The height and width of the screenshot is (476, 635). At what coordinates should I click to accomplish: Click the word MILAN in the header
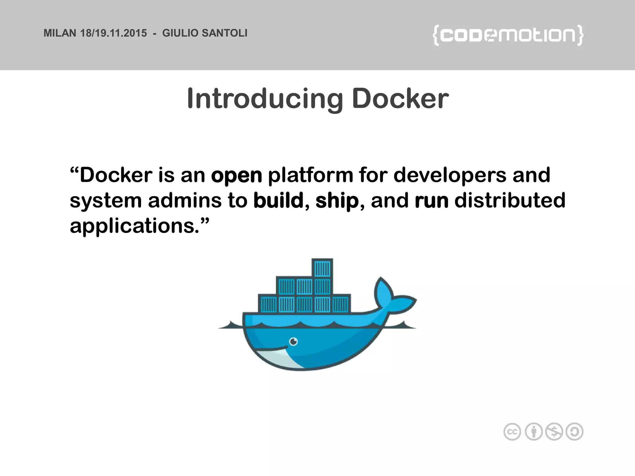(x=60, y=33)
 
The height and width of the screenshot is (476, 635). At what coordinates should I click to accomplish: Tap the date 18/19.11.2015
(x=113, y=33)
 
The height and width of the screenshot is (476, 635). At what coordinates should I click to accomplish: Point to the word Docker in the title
(x=400, y=99)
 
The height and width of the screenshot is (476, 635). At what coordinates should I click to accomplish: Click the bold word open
(x=237, y=175)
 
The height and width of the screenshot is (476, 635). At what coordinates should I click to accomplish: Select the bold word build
(x=278, y=201)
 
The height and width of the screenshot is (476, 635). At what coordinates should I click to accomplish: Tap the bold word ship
(x=337, y=201)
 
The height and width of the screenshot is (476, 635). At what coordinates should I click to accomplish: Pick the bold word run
(x=431, y=201)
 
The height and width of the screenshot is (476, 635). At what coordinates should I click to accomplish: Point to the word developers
(x=450, y=175)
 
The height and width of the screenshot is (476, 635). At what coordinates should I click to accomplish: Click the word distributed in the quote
(x=510, y=201)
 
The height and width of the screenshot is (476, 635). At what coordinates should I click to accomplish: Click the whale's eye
(x=293, y=342)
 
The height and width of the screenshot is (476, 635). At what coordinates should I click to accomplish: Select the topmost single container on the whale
(x=322, y=268)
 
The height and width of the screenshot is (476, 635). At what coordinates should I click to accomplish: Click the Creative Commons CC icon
(x=512, y=432)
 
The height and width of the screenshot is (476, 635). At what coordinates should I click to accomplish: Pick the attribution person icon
(x=534, y=432)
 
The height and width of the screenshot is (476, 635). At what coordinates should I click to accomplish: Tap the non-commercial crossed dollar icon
(x=554, y=432)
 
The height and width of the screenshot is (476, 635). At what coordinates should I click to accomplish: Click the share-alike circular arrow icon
(x=575, y=432)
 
